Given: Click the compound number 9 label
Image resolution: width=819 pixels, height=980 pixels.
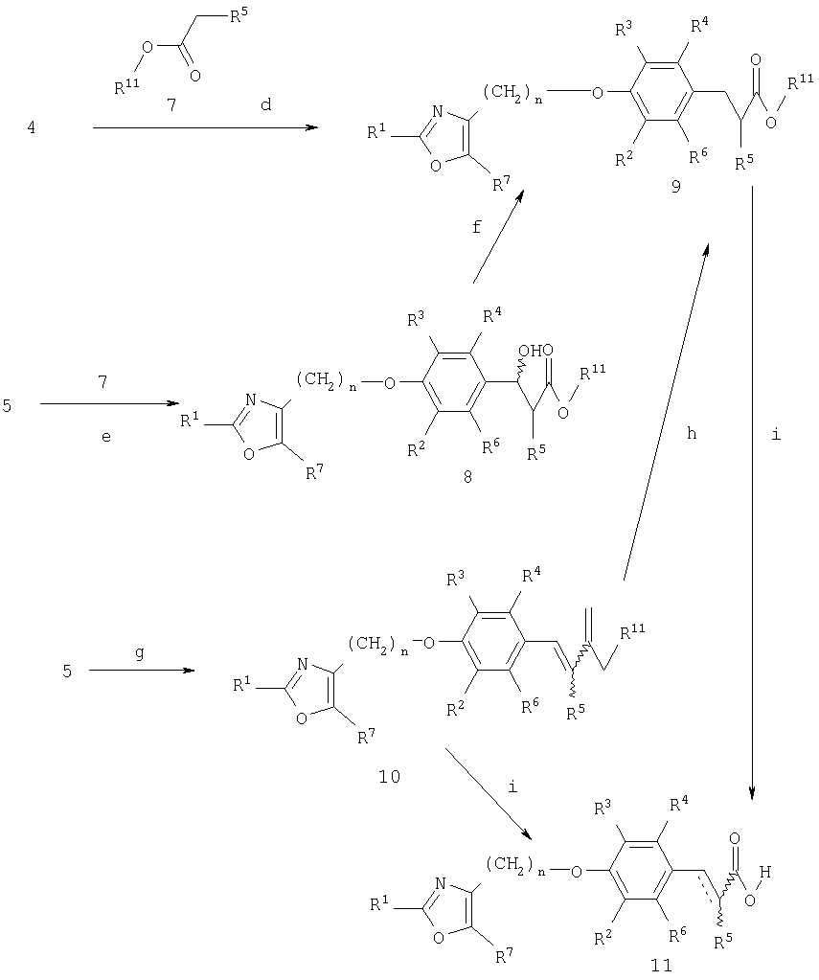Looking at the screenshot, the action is tap(676, 186).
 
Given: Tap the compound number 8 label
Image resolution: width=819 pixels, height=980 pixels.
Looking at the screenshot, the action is tap(467, 477).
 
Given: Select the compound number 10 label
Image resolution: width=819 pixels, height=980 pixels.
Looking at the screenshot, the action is tap(389, 777).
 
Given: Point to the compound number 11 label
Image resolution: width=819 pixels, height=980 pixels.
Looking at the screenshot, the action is tap(661, 966).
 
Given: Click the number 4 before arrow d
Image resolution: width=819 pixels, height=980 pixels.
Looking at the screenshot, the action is tap(31, 128).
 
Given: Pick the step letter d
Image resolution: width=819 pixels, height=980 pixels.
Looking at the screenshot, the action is tap(265, 104).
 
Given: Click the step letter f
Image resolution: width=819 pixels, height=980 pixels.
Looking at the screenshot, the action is tap(477, 226).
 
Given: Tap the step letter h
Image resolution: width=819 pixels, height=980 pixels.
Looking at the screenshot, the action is tap(691, 433).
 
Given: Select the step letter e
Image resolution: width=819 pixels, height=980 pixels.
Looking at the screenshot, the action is tap(105, 437).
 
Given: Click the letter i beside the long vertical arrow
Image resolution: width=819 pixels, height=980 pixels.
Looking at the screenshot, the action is tap(776, 434).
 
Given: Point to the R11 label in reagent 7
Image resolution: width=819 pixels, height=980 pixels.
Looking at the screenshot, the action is tap(126, 85).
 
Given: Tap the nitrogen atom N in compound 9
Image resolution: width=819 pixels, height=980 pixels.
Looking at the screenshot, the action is tap(439, 112).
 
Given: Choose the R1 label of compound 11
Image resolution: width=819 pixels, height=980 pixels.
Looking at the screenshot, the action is tap(379, 903).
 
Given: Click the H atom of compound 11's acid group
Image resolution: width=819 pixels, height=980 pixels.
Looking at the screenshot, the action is tap(764, 871).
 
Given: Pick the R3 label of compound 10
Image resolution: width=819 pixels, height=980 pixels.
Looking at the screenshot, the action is tap(456, 579).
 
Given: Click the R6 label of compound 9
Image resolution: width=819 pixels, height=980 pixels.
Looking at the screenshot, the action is tap(698, 156).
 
